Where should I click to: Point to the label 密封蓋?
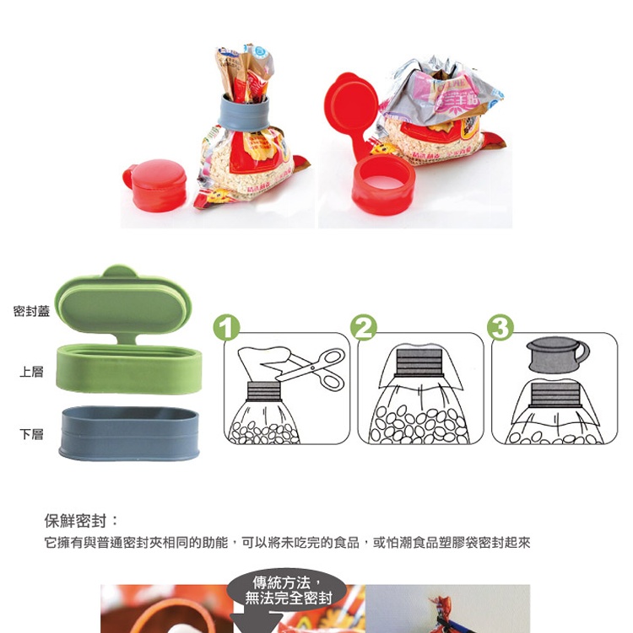point(31,312)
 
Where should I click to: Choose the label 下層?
point(31,434)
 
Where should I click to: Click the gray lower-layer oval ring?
point(129,434)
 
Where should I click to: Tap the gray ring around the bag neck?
point(245,110)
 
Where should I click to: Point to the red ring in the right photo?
point(383,185)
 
